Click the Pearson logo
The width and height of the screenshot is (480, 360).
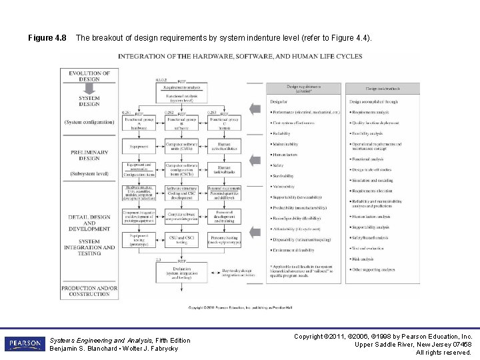pyautogui.click(x=24, y=344)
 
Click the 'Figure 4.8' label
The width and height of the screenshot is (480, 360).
pyautogui.click(x=47, y=38)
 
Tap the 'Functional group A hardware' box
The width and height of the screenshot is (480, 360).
pyautogui.click(x=139, y=123)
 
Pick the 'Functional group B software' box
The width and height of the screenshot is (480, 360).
pyautogui.click(x=181, y=123)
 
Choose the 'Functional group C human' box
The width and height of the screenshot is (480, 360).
pyautogui.click(x=224, y=123)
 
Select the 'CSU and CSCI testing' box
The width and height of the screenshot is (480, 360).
pyautogui.click(x=181, y=239)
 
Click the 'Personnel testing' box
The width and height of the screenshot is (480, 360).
pyautogui.click(x=224, y=239)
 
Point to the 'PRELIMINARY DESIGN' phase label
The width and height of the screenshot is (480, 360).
pyautogui.click(x=89, y=155)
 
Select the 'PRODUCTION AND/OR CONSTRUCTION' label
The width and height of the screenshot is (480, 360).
pyautogui.click(x=89, y=291)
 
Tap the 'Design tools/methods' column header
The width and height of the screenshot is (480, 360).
pyautogui.click(x=382, y=89)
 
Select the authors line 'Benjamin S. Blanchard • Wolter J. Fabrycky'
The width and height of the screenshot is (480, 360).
pyautogui.click(x=114, y=349)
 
